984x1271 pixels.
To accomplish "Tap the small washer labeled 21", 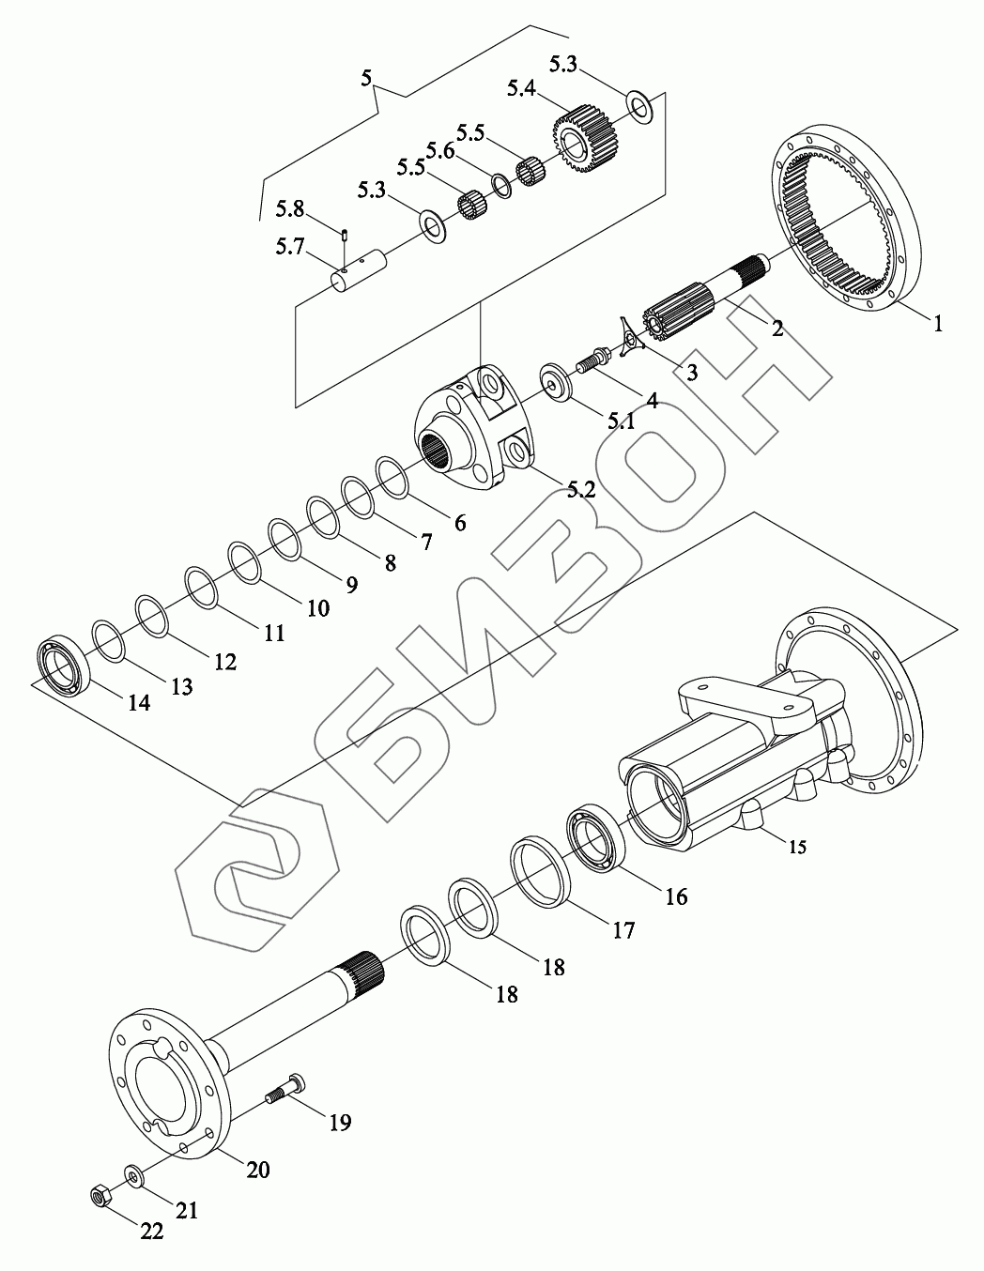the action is point(134,1175).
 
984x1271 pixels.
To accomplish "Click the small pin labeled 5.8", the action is point(345,235).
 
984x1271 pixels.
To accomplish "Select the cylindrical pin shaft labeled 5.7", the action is point(361,269).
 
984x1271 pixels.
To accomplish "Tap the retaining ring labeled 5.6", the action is point(500,186).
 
